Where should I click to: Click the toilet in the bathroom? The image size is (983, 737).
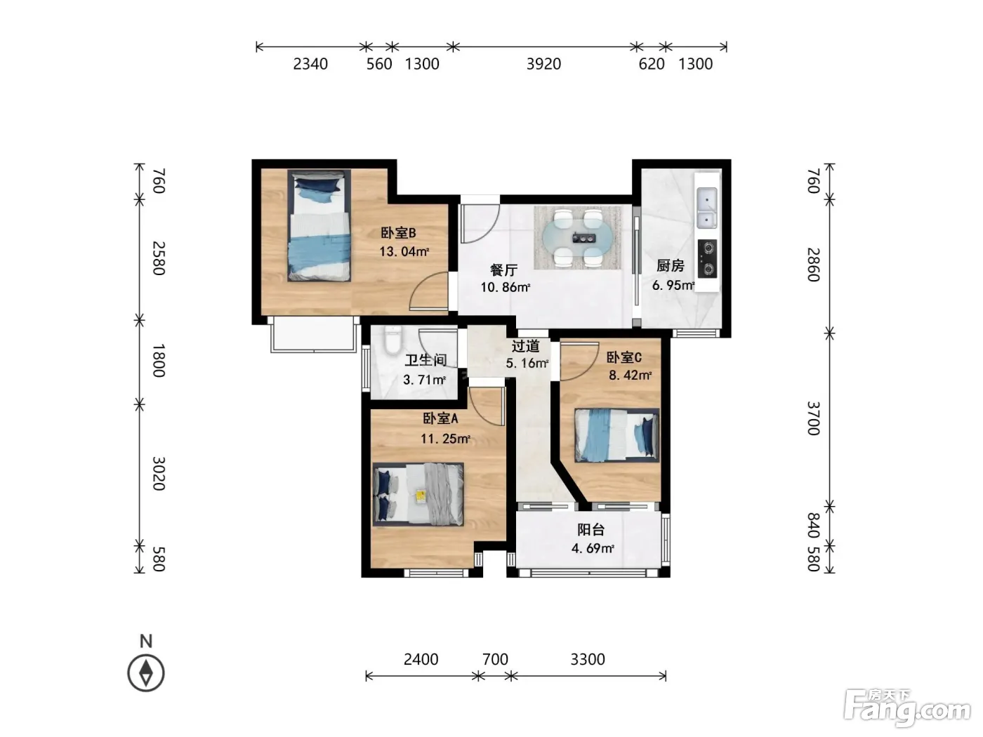click(x=393, y=341)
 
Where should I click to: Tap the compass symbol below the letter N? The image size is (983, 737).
click(x=146, y=672)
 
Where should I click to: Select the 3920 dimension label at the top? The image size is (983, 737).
click(x=543, y=64)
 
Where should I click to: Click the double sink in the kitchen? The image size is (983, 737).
click(x=706, y=208)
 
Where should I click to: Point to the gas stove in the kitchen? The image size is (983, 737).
click(x=707, y=258)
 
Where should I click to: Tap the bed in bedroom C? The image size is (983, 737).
click(x=616, y=434)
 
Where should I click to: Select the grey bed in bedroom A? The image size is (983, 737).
click(x=418, y=494)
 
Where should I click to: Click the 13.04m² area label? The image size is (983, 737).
click(x=404, y=251)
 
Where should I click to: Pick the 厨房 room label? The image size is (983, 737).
click(x=671, y=266)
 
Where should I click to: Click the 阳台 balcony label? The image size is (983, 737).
click(x=591, y=530)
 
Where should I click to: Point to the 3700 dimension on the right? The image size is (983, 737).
click(x=814, y=418)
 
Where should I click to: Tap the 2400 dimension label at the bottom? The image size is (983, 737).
click(x=421, y=659)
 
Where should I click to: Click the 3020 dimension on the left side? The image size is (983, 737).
click(x=159, y=474)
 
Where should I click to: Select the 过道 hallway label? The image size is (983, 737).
click(x=526, y=346)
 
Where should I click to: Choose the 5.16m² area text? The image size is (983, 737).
click(x=527, y=363)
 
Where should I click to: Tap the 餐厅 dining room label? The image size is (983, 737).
click(x=504, y=270)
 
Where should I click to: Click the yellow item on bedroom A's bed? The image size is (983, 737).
click(x=421, y=496)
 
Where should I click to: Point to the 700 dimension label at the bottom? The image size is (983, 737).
click(x=495, y=659)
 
